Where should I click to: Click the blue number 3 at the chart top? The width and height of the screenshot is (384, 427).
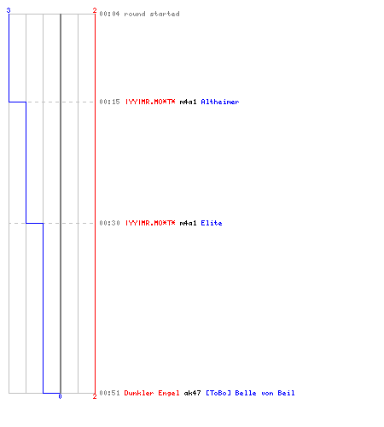[9, 10]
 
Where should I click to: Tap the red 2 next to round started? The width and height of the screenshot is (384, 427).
[95, 10]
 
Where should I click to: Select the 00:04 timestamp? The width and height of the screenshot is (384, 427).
[109, 14]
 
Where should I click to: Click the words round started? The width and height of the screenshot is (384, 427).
[152, 14]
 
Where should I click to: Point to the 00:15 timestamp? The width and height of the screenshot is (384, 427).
[109, 102]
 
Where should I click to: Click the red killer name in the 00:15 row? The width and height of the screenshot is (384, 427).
[150, 102]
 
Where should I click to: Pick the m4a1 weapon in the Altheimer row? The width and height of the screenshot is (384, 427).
[188, 102]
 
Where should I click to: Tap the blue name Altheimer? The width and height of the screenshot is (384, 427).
[220, 102]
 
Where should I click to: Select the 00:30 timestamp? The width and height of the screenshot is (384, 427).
[109, 223]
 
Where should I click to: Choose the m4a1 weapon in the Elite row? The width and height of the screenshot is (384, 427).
[188, 223]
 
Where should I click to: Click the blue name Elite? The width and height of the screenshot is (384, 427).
[212, 223]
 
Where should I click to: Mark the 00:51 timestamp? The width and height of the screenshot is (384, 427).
[109, 393]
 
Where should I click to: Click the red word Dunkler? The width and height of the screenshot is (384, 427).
[139, 393]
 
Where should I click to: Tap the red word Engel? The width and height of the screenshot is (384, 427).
[169, 393]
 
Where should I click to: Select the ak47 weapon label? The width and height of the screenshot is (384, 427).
[192, 393]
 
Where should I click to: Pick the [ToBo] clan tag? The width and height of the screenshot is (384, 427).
[218, 393]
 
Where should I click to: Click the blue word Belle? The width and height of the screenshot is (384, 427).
[246, 393]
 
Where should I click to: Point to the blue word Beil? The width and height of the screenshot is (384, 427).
[286, 393]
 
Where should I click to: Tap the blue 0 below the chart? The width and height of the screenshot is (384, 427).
[60, 396]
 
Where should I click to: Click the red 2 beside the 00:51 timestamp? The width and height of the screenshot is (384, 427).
[95, 396]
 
